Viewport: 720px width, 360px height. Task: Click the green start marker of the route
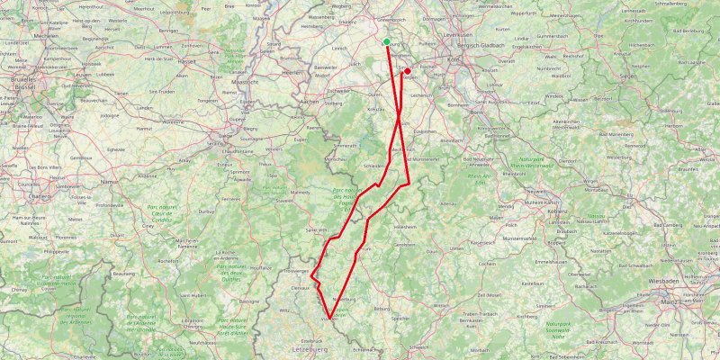pyautogui.click(x=386, y=41)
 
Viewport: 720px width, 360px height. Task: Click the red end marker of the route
pyautogui.click(x=407, y=71)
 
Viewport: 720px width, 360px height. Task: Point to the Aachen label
pyautogui.click(x=310, y=102)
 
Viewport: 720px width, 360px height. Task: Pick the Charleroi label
pyautogui.click(x=40, y=194)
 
